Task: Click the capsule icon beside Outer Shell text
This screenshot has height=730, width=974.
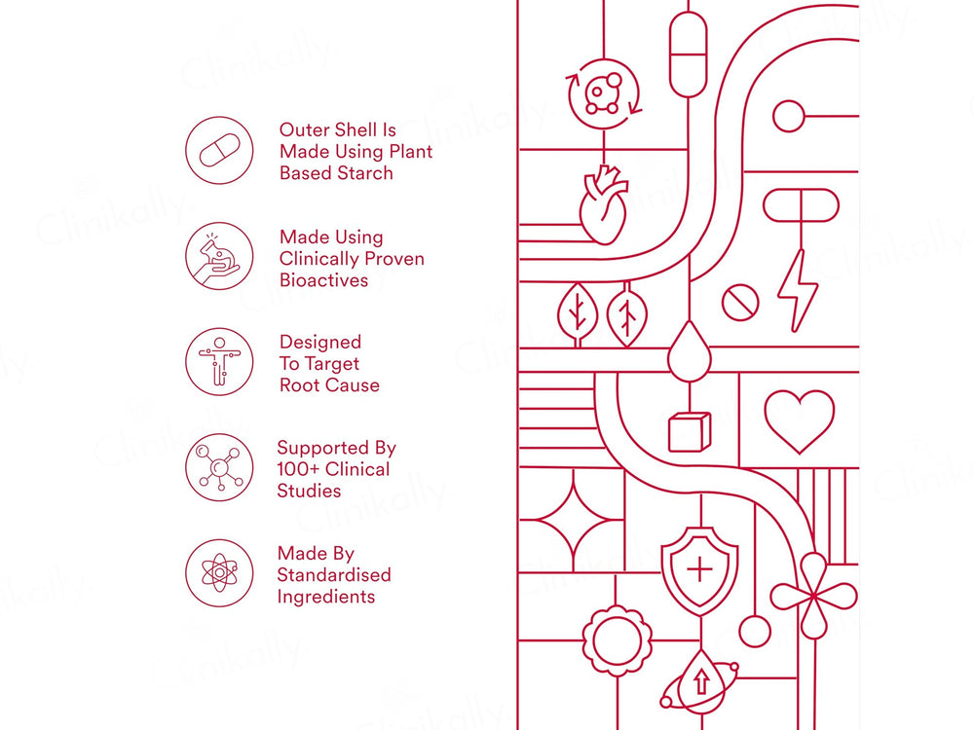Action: [x=219, y=151]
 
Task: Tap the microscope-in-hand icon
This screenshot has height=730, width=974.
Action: [x=219, y=257]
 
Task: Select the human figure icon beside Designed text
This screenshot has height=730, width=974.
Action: [x=219, y=362]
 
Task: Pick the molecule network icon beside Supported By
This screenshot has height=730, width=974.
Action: [x=219, y=467]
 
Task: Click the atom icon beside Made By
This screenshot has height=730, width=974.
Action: [x=219, y=573]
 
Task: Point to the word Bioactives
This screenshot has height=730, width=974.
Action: [x=323, y=280]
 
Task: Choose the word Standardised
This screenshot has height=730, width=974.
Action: [x=333, y=575]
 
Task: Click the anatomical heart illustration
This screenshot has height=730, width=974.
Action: [x=602, y=207]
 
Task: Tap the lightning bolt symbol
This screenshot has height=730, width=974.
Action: [x=798, y=289]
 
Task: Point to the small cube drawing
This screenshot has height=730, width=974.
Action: [x=690, y=431]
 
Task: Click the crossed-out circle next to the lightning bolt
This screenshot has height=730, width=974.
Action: [x=740, y=303]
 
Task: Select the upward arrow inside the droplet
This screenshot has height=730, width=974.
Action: [x=700, y=680]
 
